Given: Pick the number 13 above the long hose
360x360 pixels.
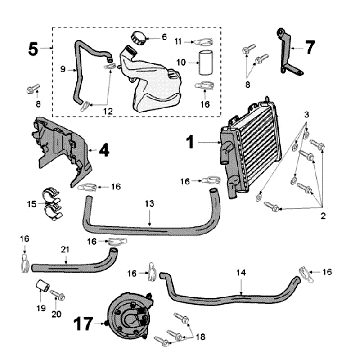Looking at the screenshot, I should click(x=148, y=204).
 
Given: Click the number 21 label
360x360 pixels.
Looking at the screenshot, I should click(x=64, y=249).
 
